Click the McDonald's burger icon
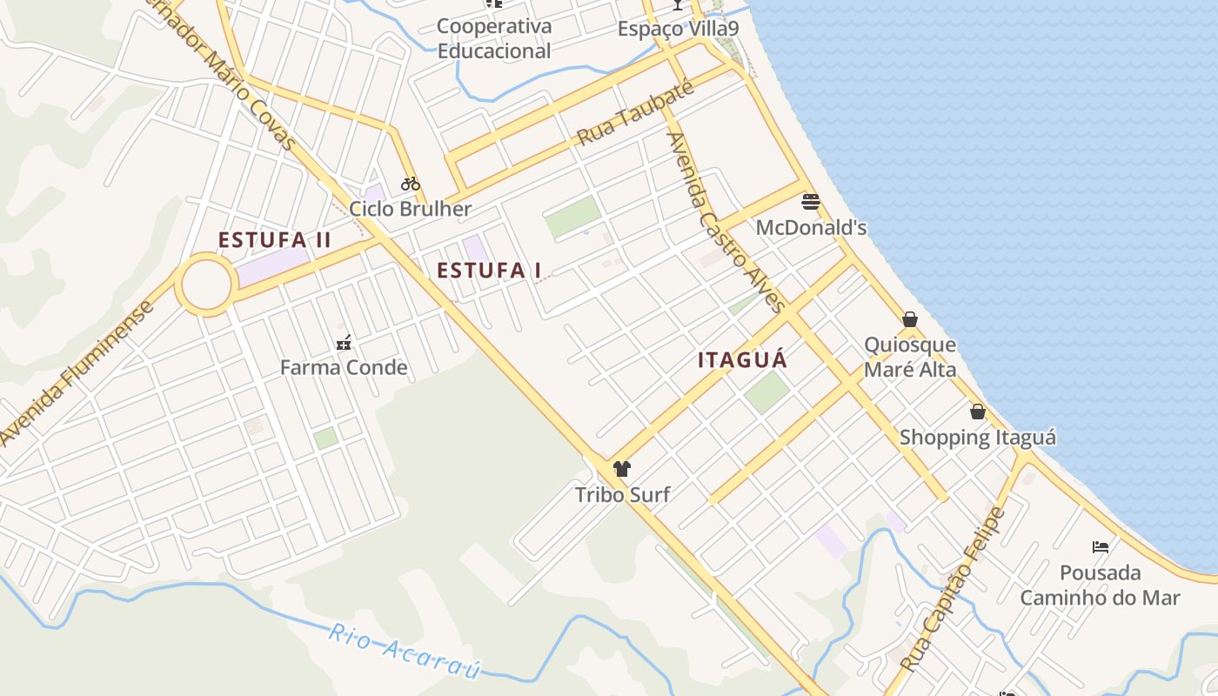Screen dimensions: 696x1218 (x=811, y=202)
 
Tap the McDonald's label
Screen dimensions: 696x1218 (x=811, y=228)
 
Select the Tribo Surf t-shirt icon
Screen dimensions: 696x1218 (x=621, y=469)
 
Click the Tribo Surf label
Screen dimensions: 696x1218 (x=622, y=495)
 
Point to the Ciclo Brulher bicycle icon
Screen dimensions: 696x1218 (x=411, y=184)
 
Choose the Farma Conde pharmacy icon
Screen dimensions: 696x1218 (x=344, y=342)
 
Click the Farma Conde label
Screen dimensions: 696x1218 (x=344, y=367)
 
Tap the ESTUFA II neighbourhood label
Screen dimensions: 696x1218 (x=274, y=240)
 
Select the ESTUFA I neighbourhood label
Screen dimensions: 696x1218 (x=489, y=271)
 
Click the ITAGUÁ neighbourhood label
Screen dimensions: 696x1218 (x=742, y=359)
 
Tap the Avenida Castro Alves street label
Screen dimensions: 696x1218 (x=726, y=221)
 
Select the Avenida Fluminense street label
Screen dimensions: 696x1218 (x=78, y=372)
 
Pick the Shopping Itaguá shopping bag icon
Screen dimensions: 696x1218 (x=978, y=412)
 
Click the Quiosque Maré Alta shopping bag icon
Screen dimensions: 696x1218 (x=910, y=319)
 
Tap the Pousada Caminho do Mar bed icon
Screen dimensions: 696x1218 (x=1101, y=547)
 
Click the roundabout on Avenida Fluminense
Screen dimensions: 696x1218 (x=206, y=284)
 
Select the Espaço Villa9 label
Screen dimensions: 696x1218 (x=678, y=29)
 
